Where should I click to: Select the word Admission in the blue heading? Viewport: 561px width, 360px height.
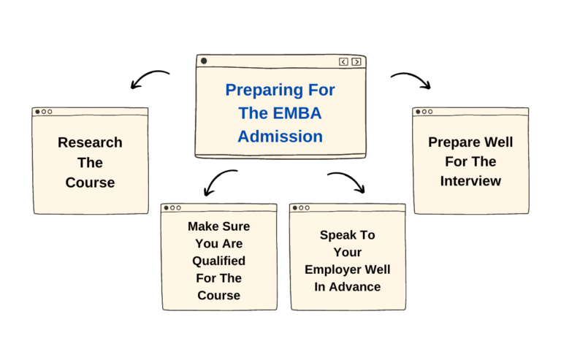click(280, 136)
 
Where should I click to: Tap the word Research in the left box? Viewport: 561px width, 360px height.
click(90, 142)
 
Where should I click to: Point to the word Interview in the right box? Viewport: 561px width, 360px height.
click(470, 180)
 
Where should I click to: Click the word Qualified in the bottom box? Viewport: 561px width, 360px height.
click(218, 261)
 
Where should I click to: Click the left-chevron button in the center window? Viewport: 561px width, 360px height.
click(343, 62)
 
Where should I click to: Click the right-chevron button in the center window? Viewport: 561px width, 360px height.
click(356, 62)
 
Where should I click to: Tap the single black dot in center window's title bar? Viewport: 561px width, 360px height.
click(204, 61)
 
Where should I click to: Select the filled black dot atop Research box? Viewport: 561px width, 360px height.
click(37, 112)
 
